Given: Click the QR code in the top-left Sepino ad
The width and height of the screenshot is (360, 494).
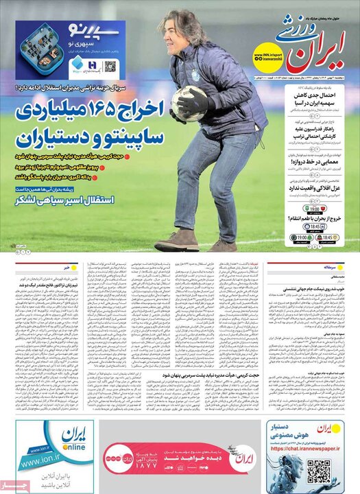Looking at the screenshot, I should point(110,69).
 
